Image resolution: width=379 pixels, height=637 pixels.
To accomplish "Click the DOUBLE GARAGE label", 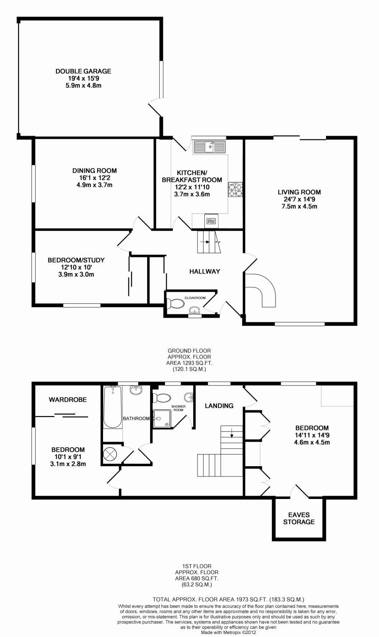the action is (83, 71).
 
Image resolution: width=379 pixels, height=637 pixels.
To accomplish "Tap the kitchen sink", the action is (209, 147).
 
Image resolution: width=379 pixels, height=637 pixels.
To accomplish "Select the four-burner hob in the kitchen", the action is (235, 189).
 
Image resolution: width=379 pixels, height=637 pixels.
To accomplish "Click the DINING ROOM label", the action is (95, 171).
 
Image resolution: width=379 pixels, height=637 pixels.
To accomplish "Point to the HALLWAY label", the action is (205, 271).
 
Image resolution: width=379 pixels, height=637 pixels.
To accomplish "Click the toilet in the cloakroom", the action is (176, 304).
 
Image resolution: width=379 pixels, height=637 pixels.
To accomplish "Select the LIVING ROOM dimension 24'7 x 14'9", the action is (299, 199).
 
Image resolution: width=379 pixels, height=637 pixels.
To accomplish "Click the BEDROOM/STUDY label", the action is (76, 260).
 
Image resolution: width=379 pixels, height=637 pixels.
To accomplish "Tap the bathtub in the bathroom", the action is (113, 407).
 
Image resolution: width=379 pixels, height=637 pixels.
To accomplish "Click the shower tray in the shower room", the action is (162, 419).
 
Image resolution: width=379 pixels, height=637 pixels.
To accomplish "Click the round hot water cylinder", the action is (109, 453).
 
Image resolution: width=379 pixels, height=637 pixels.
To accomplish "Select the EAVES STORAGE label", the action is (299, 519).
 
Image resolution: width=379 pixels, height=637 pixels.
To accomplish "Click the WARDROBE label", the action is (67, 400).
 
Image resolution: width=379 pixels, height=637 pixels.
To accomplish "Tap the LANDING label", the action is (219, 406).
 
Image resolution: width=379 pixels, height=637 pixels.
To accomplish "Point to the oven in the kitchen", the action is (211, 221).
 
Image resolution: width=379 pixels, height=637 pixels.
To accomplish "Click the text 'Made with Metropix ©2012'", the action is (229, 633).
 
